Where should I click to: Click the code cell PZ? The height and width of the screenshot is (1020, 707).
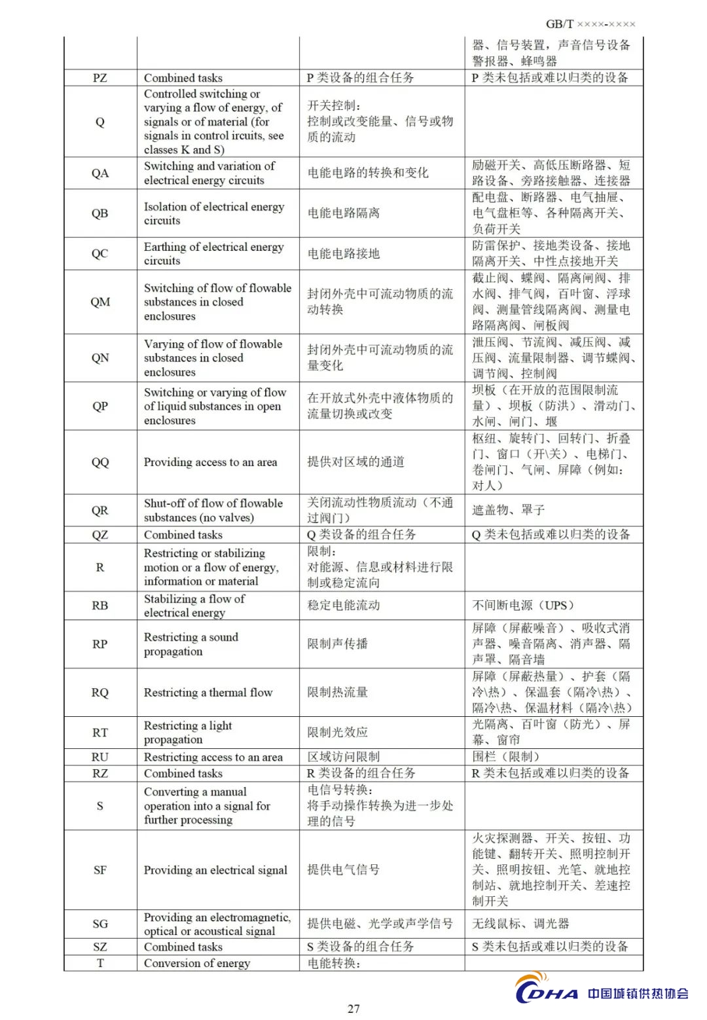100,78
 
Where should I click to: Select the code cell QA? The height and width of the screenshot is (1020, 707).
100,173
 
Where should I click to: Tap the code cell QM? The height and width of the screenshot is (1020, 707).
100,302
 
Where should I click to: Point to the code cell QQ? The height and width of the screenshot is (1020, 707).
100,462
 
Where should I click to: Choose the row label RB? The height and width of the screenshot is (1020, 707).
100,606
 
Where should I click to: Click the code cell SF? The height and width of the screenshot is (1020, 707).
100,870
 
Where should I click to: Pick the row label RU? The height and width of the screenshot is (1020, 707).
100,757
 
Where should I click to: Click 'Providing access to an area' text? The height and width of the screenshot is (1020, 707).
210,462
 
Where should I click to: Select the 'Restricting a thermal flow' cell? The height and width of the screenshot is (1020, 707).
208,693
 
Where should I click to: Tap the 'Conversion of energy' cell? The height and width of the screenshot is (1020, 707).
197,963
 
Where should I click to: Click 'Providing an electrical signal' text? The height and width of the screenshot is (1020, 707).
215,870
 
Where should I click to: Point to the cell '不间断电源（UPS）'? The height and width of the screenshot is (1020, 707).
523,606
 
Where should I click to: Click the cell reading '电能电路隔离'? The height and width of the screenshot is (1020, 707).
344,213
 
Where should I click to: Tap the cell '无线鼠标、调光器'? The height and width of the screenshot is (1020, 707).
520,924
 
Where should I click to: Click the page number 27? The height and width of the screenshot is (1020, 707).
353,1008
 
